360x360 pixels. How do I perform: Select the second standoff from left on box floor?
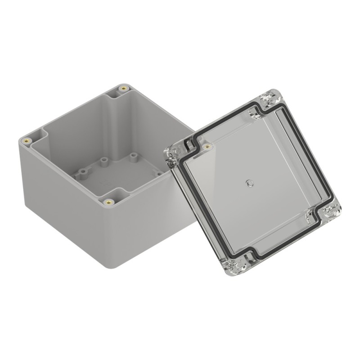pyautogui.click(x=103, y=160)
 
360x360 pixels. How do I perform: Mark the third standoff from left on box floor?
pyautogui.click(x=134, y=157)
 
